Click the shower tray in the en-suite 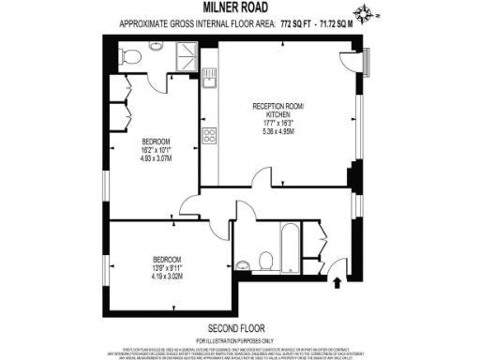click(x=185, y=56)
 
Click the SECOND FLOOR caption click(x=239, y=327)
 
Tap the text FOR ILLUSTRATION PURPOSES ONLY click(x=239, y=338)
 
